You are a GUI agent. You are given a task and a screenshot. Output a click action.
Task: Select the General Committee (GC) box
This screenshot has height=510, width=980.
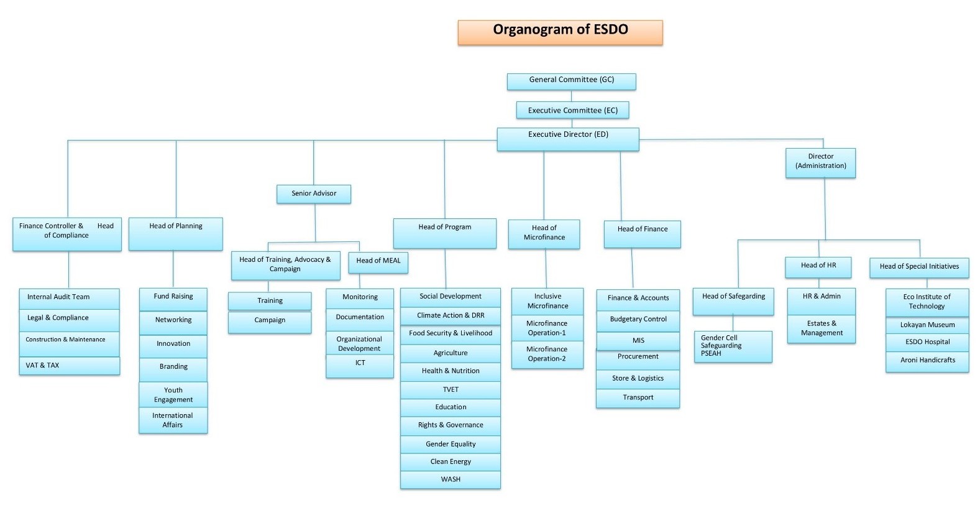point(571,81)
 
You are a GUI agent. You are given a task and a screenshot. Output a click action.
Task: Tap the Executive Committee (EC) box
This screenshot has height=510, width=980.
point(572,110)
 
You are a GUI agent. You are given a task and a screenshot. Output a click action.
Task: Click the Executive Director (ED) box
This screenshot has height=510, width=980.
point(567,139)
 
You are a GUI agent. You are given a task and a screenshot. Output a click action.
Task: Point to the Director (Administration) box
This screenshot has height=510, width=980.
point(820,162)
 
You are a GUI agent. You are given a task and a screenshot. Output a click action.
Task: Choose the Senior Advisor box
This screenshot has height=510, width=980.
point(314,194)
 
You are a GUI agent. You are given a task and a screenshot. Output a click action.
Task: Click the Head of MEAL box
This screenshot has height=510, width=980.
point(378,262)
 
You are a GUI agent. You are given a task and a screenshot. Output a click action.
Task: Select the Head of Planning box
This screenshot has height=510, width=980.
point(175,233)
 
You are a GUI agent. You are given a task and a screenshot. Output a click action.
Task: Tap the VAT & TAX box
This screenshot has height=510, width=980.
point(69,366)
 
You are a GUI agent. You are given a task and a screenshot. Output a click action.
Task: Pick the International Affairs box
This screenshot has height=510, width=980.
point(173,420)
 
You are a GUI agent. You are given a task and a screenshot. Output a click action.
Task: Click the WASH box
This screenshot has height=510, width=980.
point(451,480)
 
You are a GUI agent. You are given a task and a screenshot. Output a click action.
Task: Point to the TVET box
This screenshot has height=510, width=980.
point(451,390)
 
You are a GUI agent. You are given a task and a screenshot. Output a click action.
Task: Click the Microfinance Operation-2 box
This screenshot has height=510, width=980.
point(547,355)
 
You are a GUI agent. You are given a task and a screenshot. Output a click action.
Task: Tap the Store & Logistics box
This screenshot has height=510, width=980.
point(638,379)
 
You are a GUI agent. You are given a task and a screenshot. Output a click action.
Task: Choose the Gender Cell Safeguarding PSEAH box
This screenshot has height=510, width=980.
point(733,346)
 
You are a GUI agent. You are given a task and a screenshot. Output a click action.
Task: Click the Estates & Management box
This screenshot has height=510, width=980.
point(821,328)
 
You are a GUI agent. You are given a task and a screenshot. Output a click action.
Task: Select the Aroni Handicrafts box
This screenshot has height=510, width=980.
point(927,361)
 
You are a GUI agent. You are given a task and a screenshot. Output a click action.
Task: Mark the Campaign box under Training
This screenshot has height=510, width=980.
point(270,321)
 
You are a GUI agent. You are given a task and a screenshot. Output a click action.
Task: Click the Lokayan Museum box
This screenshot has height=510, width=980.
point(927,325)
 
